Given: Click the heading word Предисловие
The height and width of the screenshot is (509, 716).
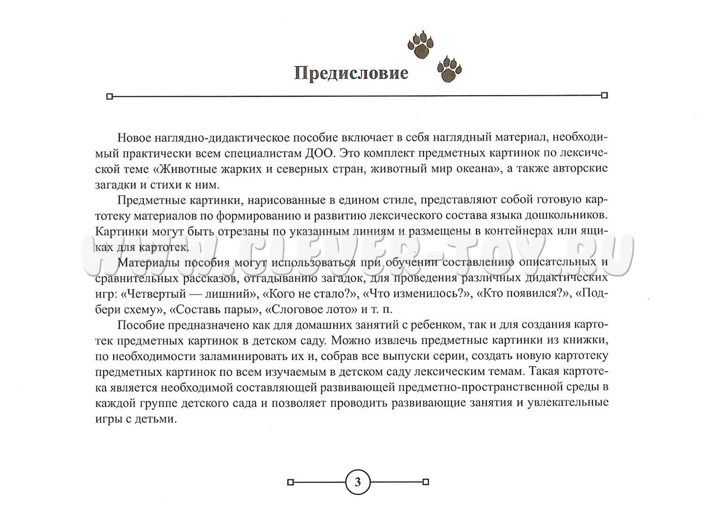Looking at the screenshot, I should click(x=351, y=73).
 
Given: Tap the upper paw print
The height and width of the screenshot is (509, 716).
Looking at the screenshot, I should click(x=421, y=45).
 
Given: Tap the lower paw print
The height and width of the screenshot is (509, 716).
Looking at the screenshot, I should click(x=449, y=69).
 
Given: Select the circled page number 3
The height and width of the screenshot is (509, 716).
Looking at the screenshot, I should click(x=358, y=482).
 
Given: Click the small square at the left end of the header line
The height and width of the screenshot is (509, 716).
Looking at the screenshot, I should click(x=110, y=96).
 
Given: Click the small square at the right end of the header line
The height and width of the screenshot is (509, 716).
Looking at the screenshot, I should click(x=604, y=95).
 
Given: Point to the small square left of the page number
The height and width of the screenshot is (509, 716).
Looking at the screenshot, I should click(x=290, y=482).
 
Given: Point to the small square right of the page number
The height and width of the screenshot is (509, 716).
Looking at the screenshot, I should click(x=426, y=482).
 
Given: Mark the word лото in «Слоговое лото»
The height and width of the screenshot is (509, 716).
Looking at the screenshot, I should click(x=337, y=309).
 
